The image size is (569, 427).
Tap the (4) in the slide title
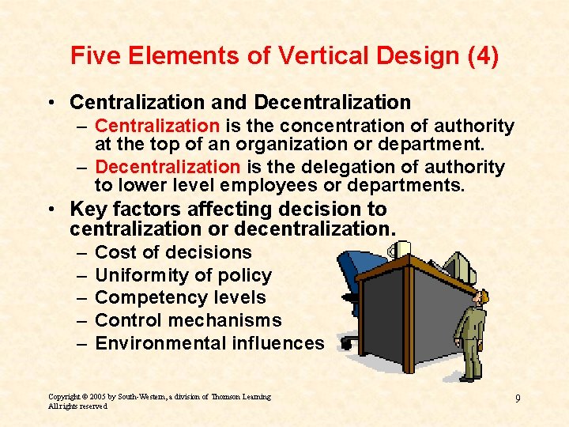[x=479, y=57]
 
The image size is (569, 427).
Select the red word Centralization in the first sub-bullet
[x=156, y=126]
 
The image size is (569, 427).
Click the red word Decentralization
[x=167, y=167]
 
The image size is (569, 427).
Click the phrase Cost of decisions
[x=173, y=252]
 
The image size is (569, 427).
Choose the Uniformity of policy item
[x=183, y=275]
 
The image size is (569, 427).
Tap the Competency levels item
[x=180, y=297]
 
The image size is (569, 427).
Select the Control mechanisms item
[x=188, y=320]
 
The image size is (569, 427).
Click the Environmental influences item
[x=209, y=343]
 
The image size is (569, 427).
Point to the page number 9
[x=518, y=398]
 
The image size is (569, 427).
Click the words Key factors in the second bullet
[x=118, y=210]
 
